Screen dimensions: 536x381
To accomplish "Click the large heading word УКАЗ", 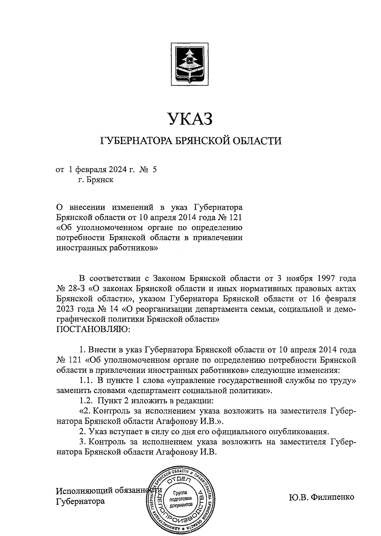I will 190,119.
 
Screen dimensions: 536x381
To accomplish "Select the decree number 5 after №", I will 155,170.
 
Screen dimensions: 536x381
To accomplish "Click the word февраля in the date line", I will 92,170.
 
